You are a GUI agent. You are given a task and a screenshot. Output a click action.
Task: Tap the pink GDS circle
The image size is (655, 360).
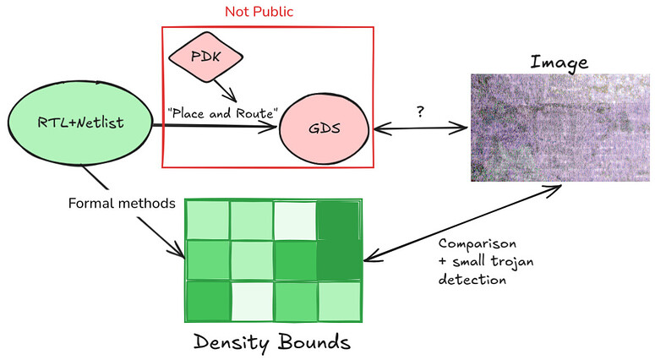tap(325, 129)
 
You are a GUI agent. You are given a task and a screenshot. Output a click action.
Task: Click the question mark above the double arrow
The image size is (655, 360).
tap(420, 110)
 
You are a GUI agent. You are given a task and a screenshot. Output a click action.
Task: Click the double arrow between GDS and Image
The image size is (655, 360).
tap(420, 128)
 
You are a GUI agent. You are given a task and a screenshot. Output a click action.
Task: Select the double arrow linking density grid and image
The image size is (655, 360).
tap(456, 215)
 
